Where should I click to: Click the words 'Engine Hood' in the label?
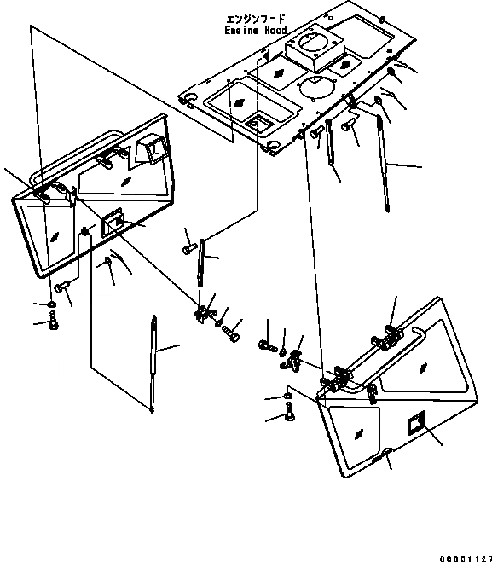(x=256, y=30)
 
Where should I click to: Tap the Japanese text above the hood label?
(x=256, y=19)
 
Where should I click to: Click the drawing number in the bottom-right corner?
(x=466, y=559)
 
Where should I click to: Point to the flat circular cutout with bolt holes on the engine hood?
(x=317, y=86)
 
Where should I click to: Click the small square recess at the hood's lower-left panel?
(x=258, y=124)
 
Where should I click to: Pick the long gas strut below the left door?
(x=153, y=364)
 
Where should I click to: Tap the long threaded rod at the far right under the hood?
(x=382, y=162)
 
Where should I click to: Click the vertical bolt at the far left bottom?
(x=54, y=320)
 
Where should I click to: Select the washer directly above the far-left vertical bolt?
(x=52, y=304)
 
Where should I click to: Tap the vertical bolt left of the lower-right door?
(x=290, y=411)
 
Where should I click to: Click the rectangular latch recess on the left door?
(x=113, y=223)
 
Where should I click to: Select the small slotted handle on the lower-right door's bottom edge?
(x=379, y=459)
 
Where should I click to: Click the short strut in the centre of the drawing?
(x=201, y=263)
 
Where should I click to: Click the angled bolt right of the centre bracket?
(x=231, y=333)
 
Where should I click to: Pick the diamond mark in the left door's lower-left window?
(x=55, y=236)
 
